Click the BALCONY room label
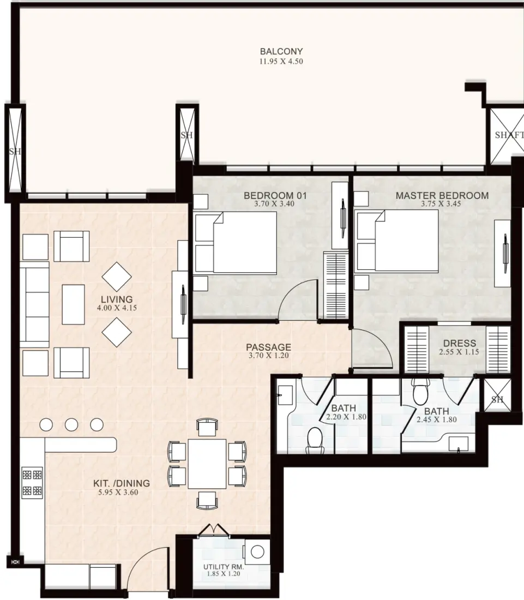[x=281, y=51]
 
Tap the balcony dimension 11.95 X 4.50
[x=281, y=61]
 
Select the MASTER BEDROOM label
[x=442, y=195]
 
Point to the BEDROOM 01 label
[x=275, y=195]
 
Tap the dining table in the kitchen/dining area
[x=207, y=464]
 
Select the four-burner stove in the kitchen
[x=32, y=483]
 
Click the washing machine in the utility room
[x=257, y=552]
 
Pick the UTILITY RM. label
[x=224, y=567]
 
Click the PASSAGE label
[x=268, y=347]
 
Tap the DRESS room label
[x=459, y=343]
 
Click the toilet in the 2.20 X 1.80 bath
[x=315, y=440]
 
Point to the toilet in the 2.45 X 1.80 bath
[x=420, y=392]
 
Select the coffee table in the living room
[x=74, y=304]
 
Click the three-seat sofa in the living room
[x=34, y=304]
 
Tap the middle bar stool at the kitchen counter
[x=71, y=425]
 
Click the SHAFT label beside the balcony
[x=509, y=135]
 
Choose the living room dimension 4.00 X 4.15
[x=117, y=308]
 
